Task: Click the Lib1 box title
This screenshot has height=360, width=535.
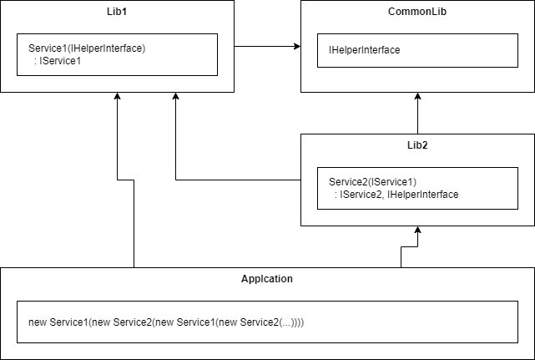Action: click(x=117, y=13)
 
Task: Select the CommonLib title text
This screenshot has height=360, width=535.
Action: click(x=417, y=13)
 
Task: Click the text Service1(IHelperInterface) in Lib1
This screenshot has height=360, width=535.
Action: click(x=87, y=48)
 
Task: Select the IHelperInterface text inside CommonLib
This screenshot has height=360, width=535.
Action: click(x=364, y=50)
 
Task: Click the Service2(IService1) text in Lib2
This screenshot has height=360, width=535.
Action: click(x=372, y=182)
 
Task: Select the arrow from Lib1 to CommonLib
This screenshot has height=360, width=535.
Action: click(x=267, y=47)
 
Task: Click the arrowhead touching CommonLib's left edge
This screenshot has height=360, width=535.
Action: click(x=296, y=47)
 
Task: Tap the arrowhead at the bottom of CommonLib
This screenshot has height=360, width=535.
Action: click(x=417, y=97)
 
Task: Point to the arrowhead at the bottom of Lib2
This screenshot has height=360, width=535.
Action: click(x=417, y=231)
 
